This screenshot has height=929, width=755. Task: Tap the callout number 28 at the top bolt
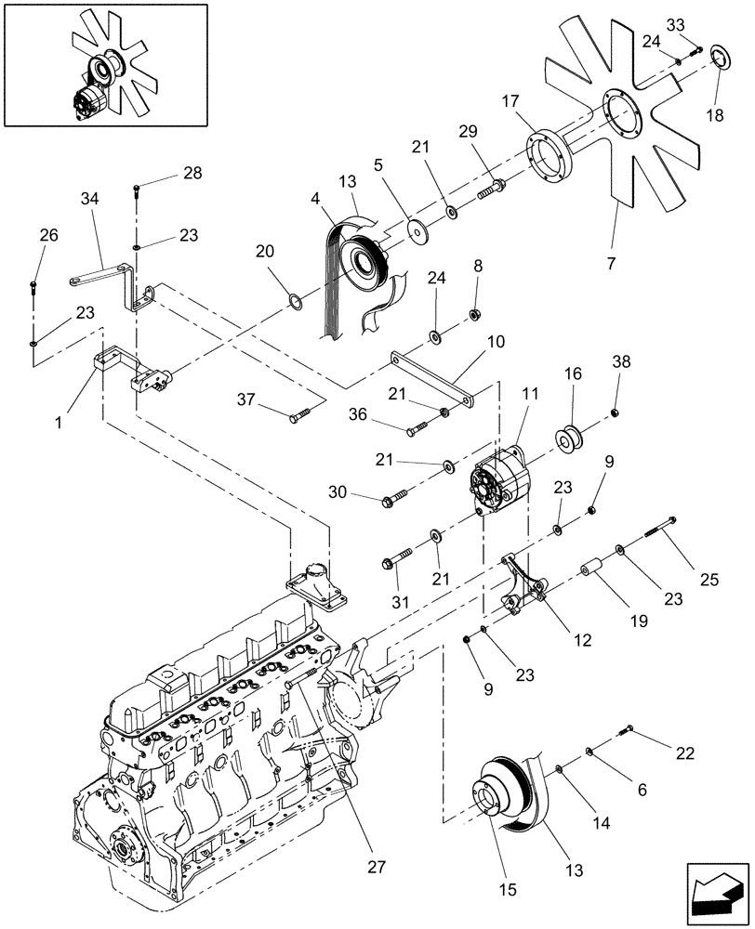pyautogui.click(x=192, y=174)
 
